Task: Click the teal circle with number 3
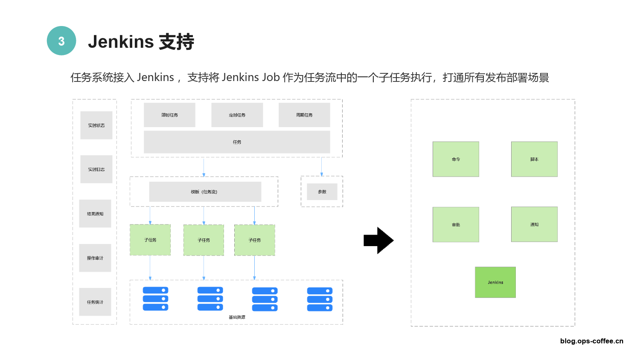(61, 41)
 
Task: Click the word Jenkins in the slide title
(121, 42)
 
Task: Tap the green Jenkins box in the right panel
(495, 282)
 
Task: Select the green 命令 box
(456, 159)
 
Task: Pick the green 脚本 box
(534, 159)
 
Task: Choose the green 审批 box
(456, 224)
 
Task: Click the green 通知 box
(534, 224)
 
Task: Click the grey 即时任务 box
(169, 115)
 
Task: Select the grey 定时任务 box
(237, 115)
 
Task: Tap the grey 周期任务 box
(304, 115)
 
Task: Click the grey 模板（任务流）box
(205, 192)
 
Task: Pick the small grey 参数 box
(322, 192)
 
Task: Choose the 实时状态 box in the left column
(96, 125)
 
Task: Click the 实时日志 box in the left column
(96, 169)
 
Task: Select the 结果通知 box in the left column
(95, 214)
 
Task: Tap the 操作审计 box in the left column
(95, 258)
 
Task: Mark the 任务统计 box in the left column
(95, 302)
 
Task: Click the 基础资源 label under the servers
(237, 317)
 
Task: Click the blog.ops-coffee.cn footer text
(591, 341)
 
